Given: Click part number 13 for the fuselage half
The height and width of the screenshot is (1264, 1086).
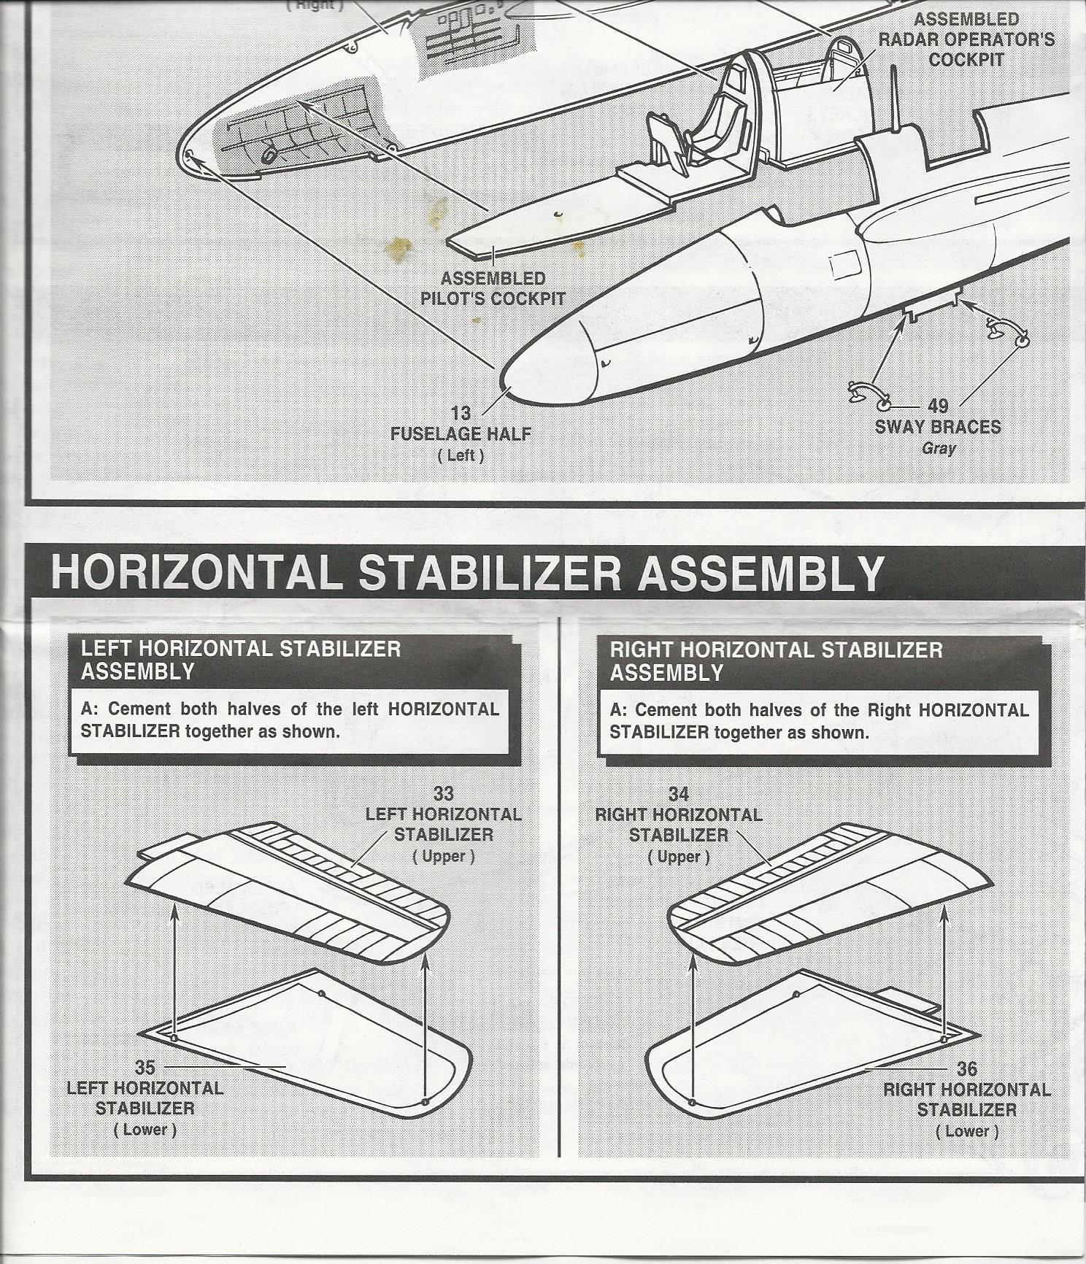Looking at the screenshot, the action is coord(461,413).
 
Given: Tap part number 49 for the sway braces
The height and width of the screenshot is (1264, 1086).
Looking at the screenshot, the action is coord(938,405).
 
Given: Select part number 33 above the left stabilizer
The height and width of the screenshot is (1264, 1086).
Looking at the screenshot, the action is coord(444,793).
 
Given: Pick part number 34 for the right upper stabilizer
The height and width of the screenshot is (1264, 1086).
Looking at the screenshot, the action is coord(679,794).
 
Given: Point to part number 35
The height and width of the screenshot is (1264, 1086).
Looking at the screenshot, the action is coord(145,1068).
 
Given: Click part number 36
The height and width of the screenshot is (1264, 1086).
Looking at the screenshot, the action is coord(967,1069).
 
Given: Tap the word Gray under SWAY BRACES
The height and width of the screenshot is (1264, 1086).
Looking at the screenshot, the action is coord(939,448).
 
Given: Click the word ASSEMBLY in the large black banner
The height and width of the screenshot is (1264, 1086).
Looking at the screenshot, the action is coord(761,574).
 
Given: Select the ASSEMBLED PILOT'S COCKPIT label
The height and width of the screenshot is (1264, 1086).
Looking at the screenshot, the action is coord(493,288).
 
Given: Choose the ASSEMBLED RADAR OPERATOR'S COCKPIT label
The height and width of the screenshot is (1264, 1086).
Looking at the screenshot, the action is coord(966,39).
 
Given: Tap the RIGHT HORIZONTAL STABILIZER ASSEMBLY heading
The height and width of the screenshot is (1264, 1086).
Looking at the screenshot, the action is coord(777,661).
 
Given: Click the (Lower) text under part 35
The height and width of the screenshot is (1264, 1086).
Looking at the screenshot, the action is coord(145,1130).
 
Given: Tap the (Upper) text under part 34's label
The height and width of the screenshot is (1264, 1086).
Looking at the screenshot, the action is coord(679,857).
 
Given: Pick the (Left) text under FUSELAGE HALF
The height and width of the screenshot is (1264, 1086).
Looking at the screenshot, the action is coord(461,455).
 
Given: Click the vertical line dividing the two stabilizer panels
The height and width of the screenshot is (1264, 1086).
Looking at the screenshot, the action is coord(559,887).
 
